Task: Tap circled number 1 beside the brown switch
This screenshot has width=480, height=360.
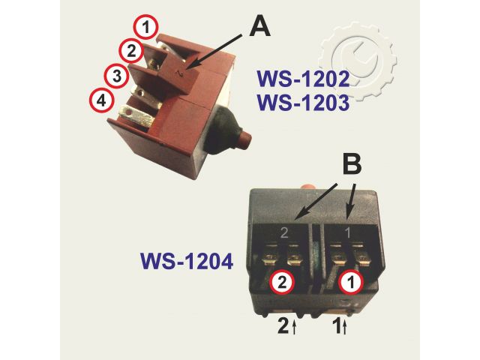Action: click(146, 28)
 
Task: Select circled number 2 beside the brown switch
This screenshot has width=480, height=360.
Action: click(132, 51)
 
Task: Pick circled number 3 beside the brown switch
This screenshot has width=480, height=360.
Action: click(115, 75)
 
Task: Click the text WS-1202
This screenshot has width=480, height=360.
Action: click(303, 79)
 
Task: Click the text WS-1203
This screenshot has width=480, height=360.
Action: click(303, 103)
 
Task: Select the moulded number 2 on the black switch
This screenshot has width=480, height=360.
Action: click(283, 232)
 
